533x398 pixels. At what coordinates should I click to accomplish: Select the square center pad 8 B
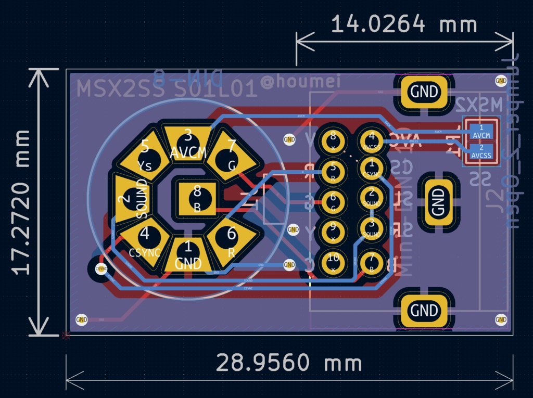[x=197, y=199]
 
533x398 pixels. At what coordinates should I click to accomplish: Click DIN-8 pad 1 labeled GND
[x=188, y=255]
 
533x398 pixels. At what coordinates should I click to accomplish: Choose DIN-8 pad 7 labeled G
[x=232, y=156]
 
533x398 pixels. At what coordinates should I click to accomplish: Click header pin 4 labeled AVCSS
[x=372, y=141]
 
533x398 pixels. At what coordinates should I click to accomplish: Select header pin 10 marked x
[x=333, y=262]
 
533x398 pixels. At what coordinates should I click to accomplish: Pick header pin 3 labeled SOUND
[x=372, y=228]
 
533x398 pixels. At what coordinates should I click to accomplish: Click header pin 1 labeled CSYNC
[x=372, y=169]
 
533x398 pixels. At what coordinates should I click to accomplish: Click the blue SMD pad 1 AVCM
[x=481, y=132]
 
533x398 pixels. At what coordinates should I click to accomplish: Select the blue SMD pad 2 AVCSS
[x=481, y=152]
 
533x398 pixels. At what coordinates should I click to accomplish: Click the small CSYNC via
[x=101, y=269]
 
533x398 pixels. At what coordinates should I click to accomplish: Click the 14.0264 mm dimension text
[x=404, y=24]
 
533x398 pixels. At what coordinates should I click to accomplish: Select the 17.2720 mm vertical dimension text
[x=22, y=202]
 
